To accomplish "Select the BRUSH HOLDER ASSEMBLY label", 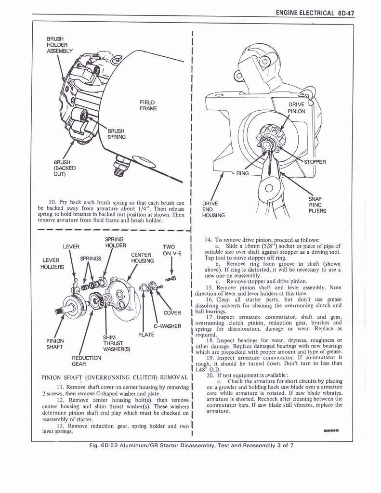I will tap(59, 45).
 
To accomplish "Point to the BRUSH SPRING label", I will tap(116, 134).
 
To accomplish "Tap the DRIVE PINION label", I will tap(297, 108).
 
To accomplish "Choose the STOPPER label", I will tap(315, 162).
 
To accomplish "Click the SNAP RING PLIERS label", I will tap(317, 205).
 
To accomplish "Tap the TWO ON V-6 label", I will tap(171, 250).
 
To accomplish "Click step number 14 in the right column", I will tap(209, 239).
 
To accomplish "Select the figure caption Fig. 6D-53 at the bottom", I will tap(191, 445).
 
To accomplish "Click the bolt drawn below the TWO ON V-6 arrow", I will tap(171, 278).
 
